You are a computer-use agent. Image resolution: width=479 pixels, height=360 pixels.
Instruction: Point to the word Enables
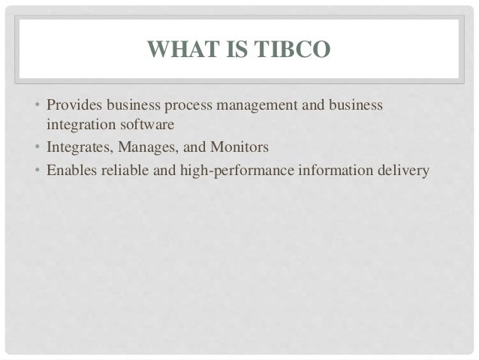[x=71, y=170]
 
